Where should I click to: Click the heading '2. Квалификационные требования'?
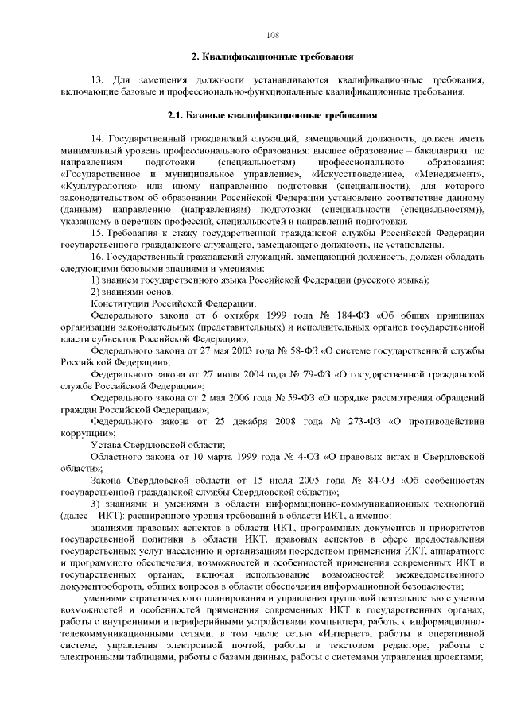coord(272,57)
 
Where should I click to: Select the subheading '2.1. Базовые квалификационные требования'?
coord(272,115)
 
